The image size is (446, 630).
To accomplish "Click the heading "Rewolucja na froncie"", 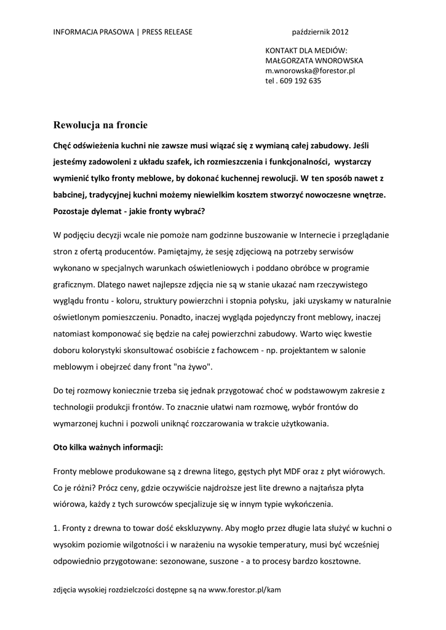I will coord(100,125).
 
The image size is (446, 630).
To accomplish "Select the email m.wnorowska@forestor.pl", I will coord(309,71).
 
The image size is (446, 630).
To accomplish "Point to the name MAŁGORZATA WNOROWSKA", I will coord(314,61).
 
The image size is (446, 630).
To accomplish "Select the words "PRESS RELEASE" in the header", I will coord(167,32).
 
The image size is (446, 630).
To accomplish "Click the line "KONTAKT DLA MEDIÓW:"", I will coord(306,51).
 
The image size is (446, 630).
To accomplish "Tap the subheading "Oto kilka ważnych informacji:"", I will coord(108,447).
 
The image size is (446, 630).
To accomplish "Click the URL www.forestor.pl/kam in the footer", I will coord(245,589).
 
